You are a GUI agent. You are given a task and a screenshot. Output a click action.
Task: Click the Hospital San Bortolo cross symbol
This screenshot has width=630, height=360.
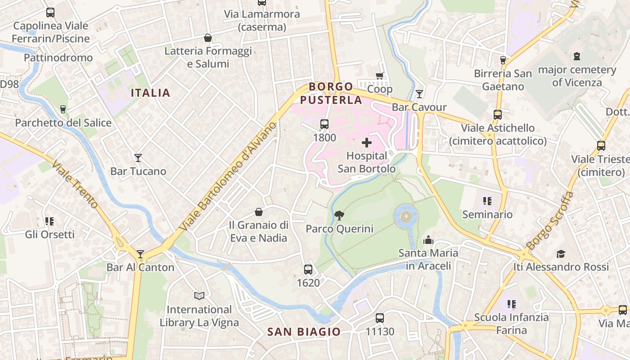coord(367,143)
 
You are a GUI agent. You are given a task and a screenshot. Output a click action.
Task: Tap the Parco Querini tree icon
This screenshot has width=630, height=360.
coord(339,216)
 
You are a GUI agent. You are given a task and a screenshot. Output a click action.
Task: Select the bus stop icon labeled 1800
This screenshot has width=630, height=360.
coord(324,124)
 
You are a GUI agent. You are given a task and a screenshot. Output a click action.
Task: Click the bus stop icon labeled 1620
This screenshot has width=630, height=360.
coord(308,270)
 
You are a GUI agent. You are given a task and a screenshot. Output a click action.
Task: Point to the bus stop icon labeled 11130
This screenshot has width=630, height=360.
coord(380,318)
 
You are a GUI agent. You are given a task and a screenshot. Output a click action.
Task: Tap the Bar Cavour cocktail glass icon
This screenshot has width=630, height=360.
coord(419,94)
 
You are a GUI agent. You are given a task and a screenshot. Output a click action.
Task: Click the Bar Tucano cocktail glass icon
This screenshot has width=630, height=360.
coord(138,158)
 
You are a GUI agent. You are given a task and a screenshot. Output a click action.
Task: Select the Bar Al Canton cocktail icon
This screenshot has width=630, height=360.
coord(140,254)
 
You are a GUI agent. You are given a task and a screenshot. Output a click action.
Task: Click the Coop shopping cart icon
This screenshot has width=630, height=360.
coord(380,76)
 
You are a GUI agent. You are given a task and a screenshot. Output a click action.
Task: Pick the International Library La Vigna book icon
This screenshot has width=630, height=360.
coord(199,296)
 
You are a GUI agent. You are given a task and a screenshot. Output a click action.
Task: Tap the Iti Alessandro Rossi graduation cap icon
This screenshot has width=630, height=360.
coord(561,254)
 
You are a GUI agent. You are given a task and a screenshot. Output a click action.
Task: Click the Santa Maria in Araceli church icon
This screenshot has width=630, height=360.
coord(428,240)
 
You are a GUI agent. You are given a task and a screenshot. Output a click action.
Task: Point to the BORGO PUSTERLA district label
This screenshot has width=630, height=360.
coord(331,93)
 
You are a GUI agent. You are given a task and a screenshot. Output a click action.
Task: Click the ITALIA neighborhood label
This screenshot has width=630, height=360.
coord(150,93)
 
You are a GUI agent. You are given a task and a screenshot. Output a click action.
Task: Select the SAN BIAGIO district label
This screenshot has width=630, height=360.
coord(304,332)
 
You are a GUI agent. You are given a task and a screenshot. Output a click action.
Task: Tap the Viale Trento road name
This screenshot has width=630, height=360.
coord(75,184)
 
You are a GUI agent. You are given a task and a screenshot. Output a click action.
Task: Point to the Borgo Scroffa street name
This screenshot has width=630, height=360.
coord(550,220)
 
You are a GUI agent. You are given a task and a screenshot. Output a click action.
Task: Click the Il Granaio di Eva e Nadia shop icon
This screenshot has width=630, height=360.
coord(259,212)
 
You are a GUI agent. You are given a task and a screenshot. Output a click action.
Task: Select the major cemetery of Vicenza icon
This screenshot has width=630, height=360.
coord(577,57)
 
